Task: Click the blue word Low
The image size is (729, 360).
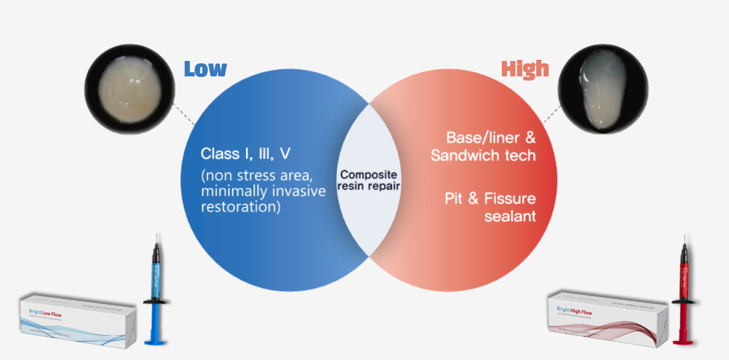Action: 205,69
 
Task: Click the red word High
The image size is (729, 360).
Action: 525,69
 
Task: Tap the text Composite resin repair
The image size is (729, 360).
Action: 369,180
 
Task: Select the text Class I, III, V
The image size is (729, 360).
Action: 246,154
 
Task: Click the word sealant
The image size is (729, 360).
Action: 510,216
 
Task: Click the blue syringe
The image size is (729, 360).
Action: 156,290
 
